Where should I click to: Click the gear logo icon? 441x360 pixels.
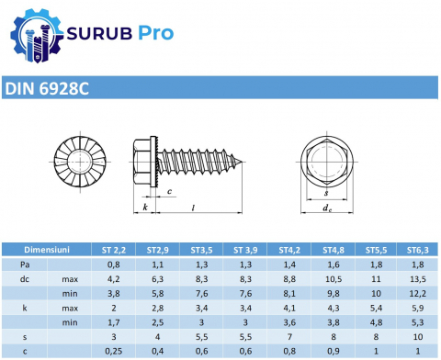(36, 36)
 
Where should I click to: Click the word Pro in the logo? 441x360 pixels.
(155, 33)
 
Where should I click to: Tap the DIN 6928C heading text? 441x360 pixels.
(47, 88)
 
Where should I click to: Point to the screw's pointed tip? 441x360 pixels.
(242, 162)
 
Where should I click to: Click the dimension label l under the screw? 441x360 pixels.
(193, 208)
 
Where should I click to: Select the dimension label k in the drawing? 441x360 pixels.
(145, 207)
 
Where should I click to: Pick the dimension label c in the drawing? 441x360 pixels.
(169, 192)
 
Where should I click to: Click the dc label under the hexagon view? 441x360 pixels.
(327, 208)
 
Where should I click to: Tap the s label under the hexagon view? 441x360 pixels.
(326, 193)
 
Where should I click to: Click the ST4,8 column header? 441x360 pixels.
(334, 250)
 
